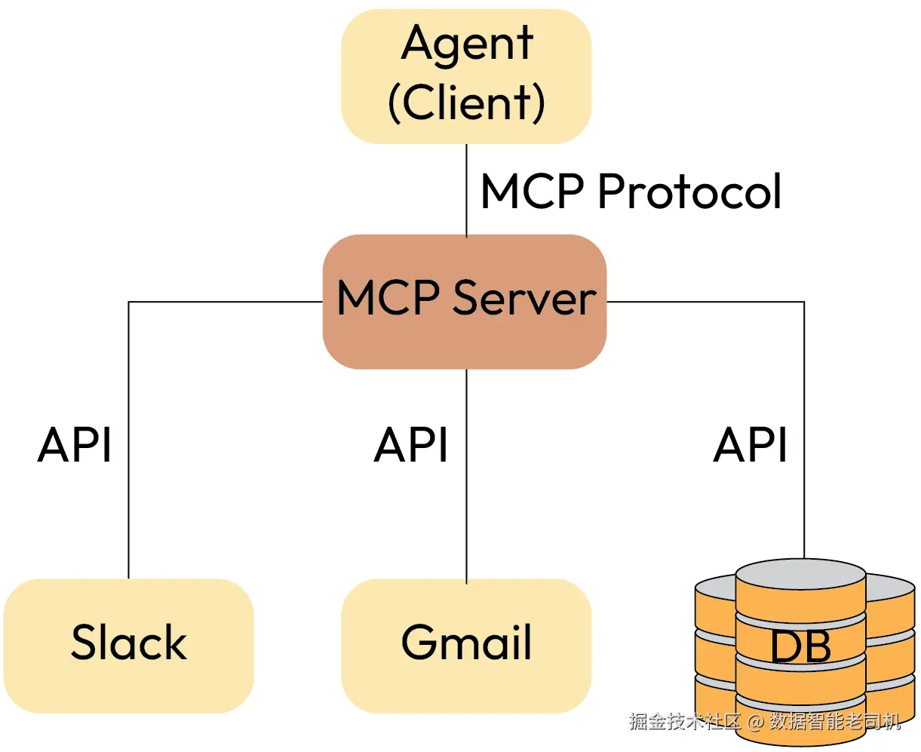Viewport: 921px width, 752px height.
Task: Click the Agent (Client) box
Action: [466, 75]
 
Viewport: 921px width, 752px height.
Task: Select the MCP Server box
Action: [465, 301]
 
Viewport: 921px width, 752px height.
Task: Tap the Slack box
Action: [128, 645]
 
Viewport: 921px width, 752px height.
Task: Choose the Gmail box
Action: [466, 645]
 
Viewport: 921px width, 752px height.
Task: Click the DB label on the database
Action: [800, 646]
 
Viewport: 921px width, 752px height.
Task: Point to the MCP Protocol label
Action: [631, 192]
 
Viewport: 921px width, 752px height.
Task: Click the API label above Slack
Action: [75, 444]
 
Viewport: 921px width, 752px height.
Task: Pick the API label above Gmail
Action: [411, 444]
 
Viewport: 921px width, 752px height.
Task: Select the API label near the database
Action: [751, 444]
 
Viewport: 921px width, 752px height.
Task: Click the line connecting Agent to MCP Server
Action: [466, 189]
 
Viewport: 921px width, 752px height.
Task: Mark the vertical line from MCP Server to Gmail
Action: [466, 475]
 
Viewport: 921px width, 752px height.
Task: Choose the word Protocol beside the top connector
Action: [689, 192]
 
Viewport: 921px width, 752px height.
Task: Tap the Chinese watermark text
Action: [766, 721]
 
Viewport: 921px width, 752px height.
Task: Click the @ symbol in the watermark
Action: [756, 722]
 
